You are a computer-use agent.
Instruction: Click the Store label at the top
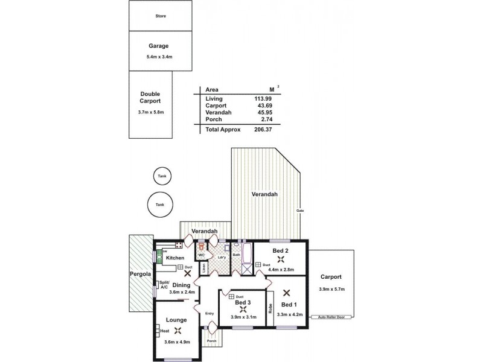point(161,16)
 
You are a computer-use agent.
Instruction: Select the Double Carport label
point(150,98)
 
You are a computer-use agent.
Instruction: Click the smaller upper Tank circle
point(161,176)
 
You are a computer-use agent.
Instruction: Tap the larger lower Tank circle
point(160,205)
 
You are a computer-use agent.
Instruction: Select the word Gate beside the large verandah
point(299,210)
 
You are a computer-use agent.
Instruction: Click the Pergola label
point(140,274)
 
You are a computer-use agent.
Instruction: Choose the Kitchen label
point(175,258)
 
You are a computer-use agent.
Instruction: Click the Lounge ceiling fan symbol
point(178,331)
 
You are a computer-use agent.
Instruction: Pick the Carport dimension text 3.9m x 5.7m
point(333,288)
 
